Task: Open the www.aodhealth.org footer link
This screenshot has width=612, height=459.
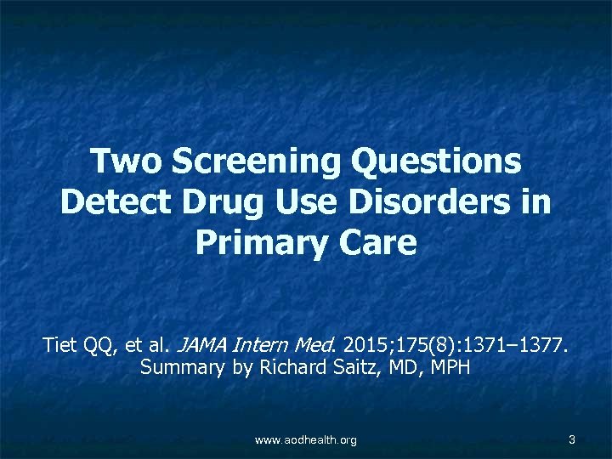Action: (x=306, y=439)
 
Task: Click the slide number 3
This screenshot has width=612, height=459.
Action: (x=572, y=439)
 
